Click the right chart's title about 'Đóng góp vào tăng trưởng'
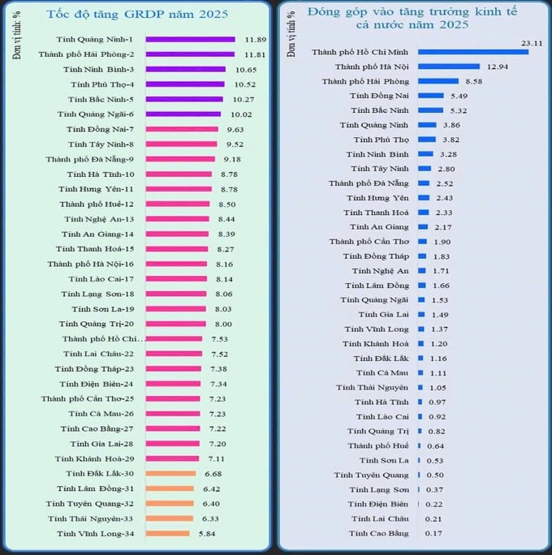pyautogui.click(x=413, y=19)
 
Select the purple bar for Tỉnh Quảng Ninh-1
pyautogui.click(x=192, y=39)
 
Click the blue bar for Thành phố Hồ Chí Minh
pyautogui.click(x=473, y=52)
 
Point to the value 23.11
pyautogui.click(x=532, y=41)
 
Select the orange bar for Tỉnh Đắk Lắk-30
pyautogui.click(x=172, y=473)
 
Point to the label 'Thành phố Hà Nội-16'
pyautogui.click(x=95, y=264)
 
